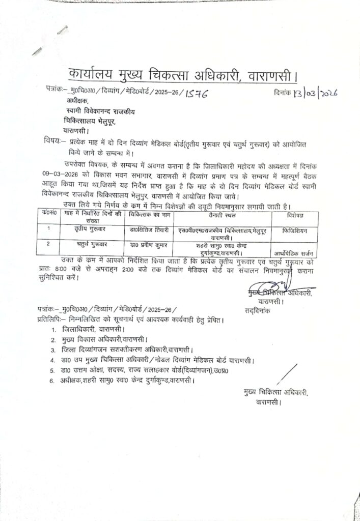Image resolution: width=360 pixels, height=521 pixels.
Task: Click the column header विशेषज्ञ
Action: pyautogui.click(x=293, y=214)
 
